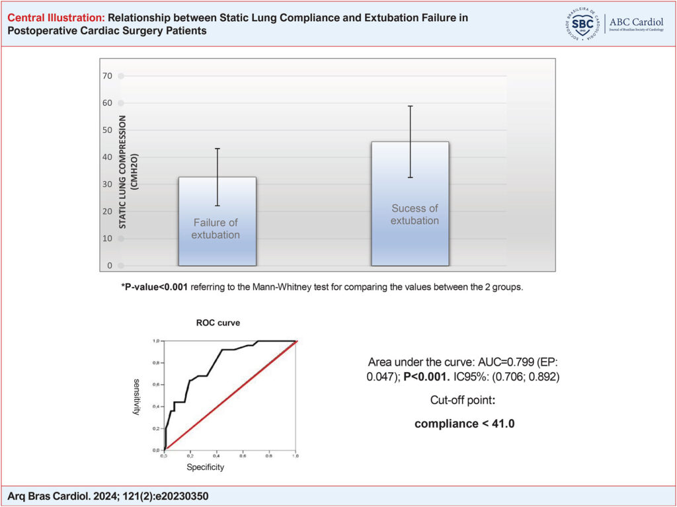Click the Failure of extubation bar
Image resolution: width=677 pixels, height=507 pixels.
[217, 221]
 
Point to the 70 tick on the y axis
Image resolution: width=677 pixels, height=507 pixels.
[108, 76]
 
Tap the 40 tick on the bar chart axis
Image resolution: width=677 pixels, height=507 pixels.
[108, 157]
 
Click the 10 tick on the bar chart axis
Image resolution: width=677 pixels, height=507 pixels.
[108, 239]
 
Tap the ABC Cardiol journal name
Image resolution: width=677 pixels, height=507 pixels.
[638, 20]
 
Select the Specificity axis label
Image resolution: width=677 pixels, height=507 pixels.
[204, 467]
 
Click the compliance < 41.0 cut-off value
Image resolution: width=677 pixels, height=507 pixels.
[464, 424]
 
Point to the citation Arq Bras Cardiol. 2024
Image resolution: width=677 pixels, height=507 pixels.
[79, 495]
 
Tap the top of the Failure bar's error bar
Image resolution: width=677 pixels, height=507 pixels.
[217, 149]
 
